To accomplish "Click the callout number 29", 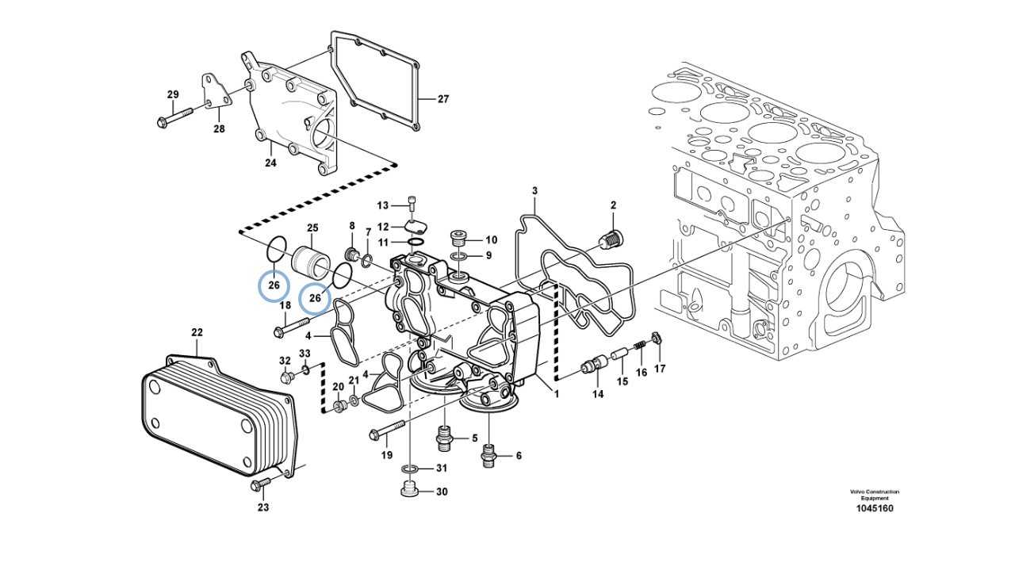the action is (x=173, y=94).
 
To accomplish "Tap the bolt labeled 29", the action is (x=175, y=116).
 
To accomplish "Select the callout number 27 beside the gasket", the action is (x=442, y=99).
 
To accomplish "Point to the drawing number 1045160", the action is (x=875, y=508).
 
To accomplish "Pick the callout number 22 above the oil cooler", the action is (x=197, y=332).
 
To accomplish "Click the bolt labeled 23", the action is (x=260, y=484).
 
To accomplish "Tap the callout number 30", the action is (x=442, y=492).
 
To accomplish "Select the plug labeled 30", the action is (x=410, y=490).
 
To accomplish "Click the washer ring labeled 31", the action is (x=410, y=469).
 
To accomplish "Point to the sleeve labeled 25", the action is (x=311, y=262).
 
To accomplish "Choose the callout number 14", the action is (x=598, y=394).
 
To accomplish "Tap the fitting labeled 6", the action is (x=488, y=456).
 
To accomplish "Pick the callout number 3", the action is (x=534, y=191).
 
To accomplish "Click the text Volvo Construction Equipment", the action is (x=875, y=495).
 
